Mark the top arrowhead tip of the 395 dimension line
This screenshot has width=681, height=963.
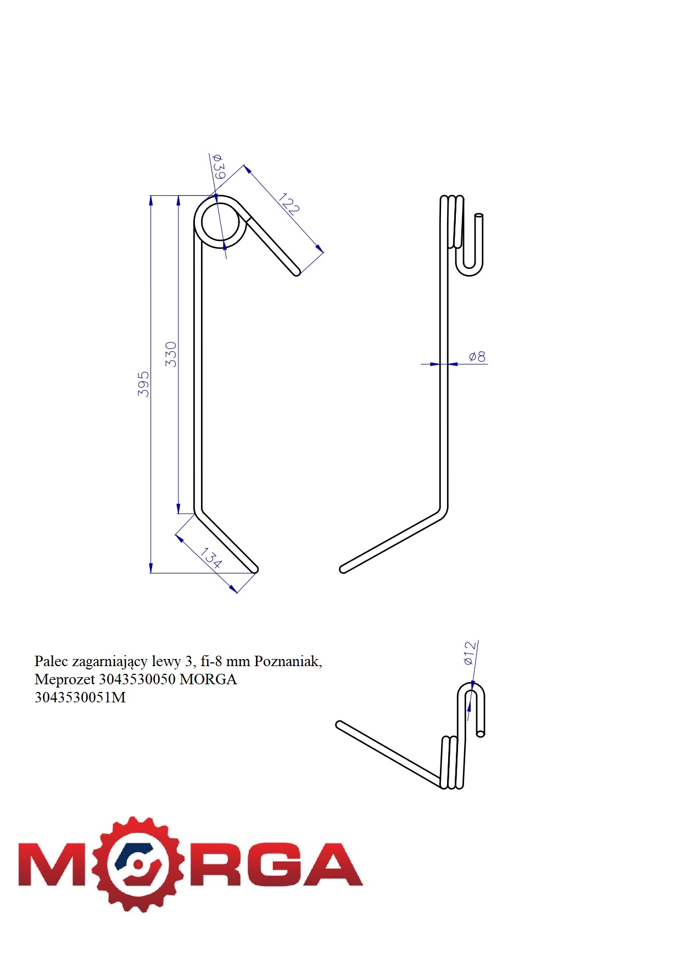pyautogui.click(x=151, y=196)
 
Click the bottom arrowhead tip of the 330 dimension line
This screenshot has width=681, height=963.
pyautogui.click(x=178, y=514)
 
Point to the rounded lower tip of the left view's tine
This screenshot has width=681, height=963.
pyautogui.click(x=254, y=570)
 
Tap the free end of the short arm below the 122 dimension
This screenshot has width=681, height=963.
pyautogui.click(x=297, y=272)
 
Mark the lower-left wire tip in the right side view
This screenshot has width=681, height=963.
pyautogui.click(x=343, y=569)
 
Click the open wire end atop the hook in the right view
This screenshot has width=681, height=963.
pyautogui.click(x=479, y=216)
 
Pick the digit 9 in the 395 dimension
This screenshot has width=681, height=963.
pyautogui.click(x=143, y=384)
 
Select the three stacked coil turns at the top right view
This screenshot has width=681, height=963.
pyautogui.click(x=452, y=222)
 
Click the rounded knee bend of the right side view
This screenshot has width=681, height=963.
pyautogui.click(x=443, y=513)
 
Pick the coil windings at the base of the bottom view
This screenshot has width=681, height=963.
pyautogui.click(x=453, y=763)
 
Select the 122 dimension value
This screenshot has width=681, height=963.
pyautogui.click(x=289, y=204)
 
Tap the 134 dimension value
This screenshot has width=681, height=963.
pyautogui.click(x=211, y=557)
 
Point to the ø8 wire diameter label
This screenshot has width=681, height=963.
pyautogui.click(x=477, y=357)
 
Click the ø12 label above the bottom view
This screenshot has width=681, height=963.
pyautogui.click(x=469, y=653)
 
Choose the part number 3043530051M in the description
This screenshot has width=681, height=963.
pyautogui.click(x=80, y=697)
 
